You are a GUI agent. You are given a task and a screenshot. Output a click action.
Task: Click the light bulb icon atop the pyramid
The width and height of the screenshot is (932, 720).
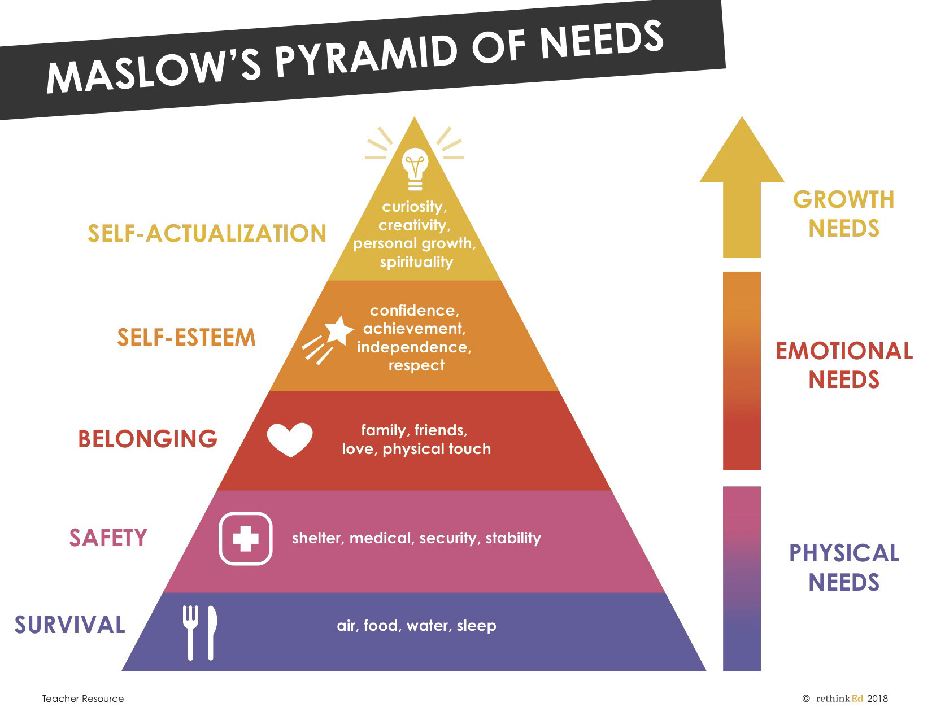pyautogui.click(x=415, y=169)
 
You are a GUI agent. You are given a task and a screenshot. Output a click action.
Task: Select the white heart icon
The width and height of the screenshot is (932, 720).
pyautogui.click(x=290, y=439)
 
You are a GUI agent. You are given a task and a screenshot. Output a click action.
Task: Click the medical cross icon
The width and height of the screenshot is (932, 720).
pyautogui.click(x=246, y=538)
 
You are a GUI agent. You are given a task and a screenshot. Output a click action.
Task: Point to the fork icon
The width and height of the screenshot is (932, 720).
pyautogui.click(x=190, y=632)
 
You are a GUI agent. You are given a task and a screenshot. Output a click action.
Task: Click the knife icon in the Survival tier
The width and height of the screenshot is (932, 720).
pyautogui.click(x=211, y=632)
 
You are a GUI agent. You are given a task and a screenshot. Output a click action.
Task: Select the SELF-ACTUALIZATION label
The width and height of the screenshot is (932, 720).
pyautogui.click(x=207, y=233)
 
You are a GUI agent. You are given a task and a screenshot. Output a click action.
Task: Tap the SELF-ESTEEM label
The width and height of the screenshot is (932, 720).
pyautogui.click(x=186, y=338)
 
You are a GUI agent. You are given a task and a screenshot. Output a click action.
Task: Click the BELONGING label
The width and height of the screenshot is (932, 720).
pyautogui.click(x=147, y=439)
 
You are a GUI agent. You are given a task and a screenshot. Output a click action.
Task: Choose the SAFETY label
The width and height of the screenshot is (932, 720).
pyautogui.click(x=108, y=538)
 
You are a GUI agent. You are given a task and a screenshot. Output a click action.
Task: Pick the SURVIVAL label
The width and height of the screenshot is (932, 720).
pyautogui.click(x=69, y=625)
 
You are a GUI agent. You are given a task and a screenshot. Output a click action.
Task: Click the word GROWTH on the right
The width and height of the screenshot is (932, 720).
pyautogui.click(x=843, y=199)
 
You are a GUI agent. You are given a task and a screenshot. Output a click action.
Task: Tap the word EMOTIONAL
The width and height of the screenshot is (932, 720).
pyautogui.click(x=844, y=351)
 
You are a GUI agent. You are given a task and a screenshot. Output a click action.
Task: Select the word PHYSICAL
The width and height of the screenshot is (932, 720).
pyautogui.click(x=844, y=553)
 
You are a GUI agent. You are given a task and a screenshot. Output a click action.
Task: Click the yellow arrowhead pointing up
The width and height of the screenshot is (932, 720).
pyautogui.click(x=742, y=152)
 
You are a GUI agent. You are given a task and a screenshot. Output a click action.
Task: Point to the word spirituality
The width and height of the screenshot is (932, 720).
pyautogui.click(x=416, y=262)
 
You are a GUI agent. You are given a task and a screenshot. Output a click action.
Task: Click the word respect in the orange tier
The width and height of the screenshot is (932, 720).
pyautogui.click(x=416, y=365)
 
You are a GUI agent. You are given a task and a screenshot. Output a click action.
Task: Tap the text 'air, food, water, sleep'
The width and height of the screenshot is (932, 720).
pyautogui.click(x=416, y=626)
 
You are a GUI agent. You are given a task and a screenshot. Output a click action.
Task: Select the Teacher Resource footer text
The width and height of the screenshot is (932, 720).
pyautogui.click(x=82, y=699)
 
